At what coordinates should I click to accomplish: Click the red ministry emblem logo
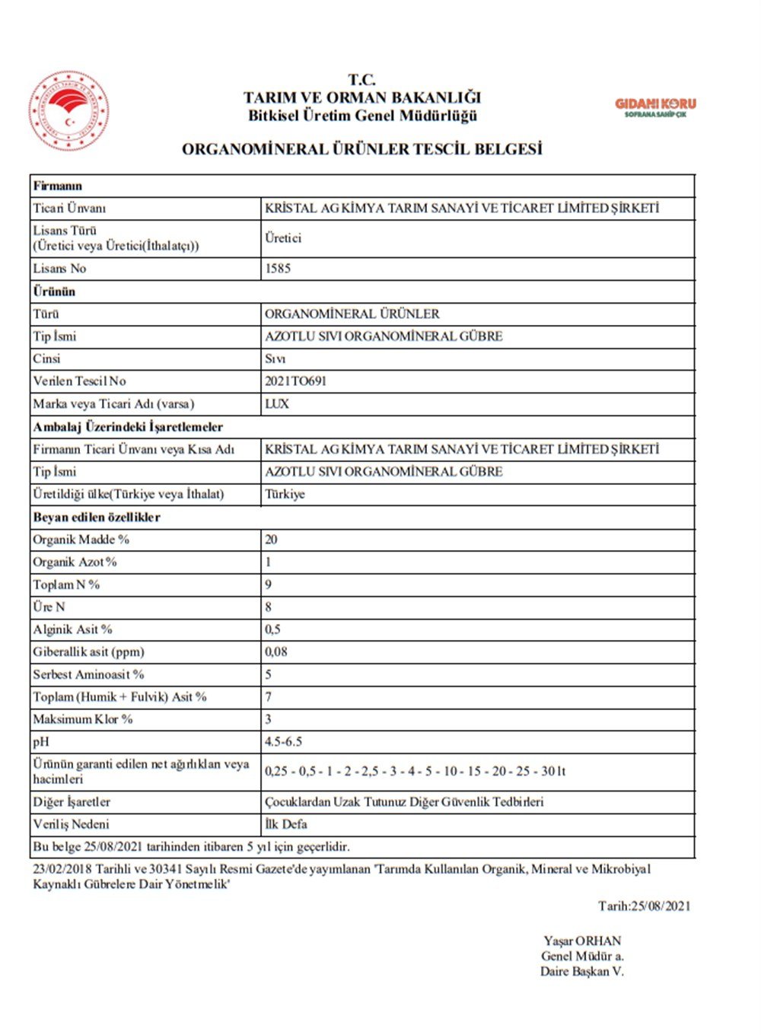[x=68, y=111]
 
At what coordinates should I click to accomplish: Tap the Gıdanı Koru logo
[x=655, y=107]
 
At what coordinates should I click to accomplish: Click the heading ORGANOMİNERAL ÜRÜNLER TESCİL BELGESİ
[x=361, y=149]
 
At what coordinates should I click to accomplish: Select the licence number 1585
[x=278, y=269]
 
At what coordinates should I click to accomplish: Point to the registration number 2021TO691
[x=295, y=381]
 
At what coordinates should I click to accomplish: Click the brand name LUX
[x=277, y=404]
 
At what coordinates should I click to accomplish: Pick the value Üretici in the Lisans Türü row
[x=283, y=238]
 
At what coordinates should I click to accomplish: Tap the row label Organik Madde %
[x=81, y=540]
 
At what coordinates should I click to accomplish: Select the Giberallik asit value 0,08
[x=276, y=652]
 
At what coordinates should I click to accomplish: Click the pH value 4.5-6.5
[x=284, y=742]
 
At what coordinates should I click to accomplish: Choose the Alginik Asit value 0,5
[x=272, y=629]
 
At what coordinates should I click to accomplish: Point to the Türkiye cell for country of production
[x=285, y=494]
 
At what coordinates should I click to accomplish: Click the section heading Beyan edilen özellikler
[x=97, y=517]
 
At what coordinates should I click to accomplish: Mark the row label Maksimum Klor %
[x=82, y=719]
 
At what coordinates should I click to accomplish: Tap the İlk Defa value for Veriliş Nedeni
[x=286, y=824]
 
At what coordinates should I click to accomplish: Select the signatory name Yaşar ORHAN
[x=582, y=941]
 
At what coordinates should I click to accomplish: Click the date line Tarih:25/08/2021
[x=644, y=906]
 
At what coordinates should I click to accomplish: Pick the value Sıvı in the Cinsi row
[x=275, y=359]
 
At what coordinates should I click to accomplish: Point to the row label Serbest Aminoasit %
[x=88, y=674]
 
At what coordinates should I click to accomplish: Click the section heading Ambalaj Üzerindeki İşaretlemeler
[x=128, y=427]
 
